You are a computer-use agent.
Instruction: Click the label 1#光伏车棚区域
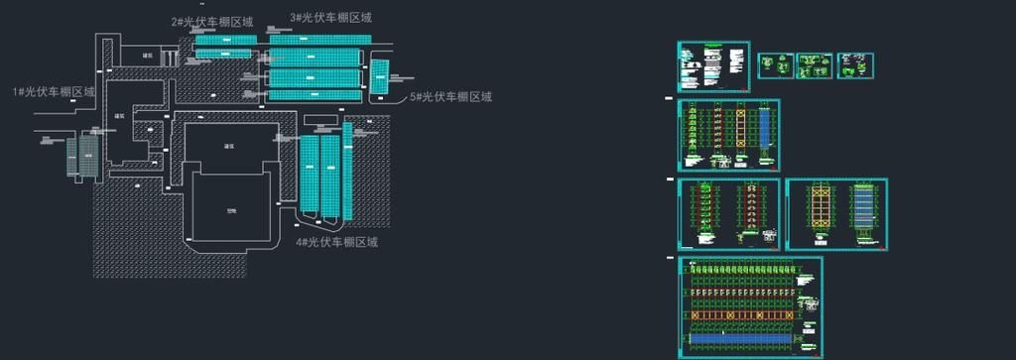tap(54, 92)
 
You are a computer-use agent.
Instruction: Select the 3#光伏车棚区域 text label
tap(331, 18)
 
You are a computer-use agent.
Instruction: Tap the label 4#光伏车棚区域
tap(336, 242)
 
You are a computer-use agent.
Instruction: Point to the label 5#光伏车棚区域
tap(451, 97)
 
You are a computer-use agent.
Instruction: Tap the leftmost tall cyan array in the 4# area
tap(311, 175)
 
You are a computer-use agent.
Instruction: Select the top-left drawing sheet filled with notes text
tap(713, 66)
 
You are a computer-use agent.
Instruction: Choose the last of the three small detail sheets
tap(854, 66)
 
